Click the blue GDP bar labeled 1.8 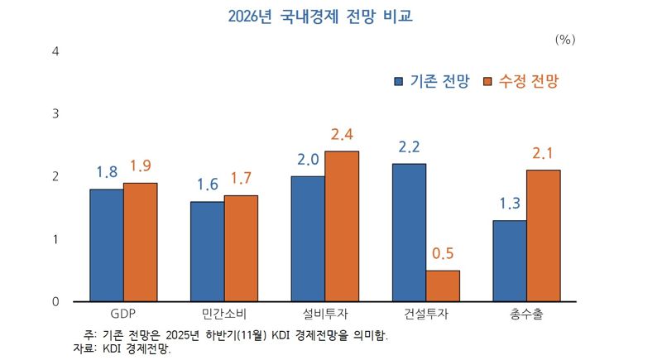(x=106, y=245)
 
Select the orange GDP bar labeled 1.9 (x=140, y=242)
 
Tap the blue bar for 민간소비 (x=207, y=251)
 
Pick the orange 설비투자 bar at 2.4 (x=342, y=226)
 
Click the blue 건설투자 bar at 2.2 (x=409, y=232)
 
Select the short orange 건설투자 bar (x=443, y=286)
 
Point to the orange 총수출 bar (x=544, y=235)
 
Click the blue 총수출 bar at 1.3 (x=510, y=261)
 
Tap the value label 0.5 (x=443, y=254)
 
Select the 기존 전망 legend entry (x=431, y=81)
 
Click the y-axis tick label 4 (x=55, y=51)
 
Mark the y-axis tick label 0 (x=55, y=301)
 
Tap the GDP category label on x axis (x=122, y=315)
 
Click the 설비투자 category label (x=324, y=315)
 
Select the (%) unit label (x=565, y=39)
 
